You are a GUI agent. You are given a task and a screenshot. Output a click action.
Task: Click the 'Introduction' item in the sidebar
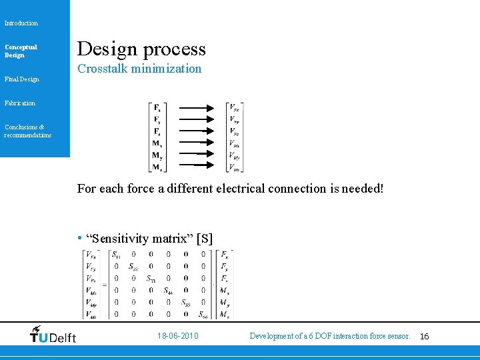pyautogui.click(x=21, y=23)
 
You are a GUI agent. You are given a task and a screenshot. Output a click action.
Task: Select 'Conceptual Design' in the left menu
pyautogui.click(x=21, y=51)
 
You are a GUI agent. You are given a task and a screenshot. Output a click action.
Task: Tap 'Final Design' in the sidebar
pyautogui.click(x=22, y=79)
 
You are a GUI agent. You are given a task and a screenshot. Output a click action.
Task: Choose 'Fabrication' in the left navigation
pyautogui.click(x=20, y=103)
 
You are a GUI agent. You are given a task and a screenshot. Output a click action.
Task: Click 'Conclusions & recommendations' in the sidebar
pyautogui.click(x=27, y=131)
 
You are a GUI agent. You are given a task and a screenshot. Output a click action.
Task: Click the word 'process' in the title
pyautogui.click(x=173, y=49)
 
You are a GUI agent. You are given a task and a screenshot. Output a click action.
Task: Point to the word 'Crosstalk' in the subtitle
pyautogui.click(x=102, y=69)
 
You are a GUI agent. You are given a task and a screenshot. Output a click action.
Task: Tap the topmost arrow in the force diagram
pyautogui.click(x=196, y=107)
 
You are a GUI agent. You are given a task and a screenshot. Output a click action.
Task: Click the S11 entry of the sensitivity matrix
pyautogui.click(x=116, y=255)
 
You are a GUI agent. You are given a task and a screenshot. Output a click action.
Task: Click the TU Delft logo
pyautogui.click(x=53, y=335)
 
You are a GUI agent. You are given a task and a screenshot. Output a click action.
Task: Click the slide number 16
pyautogui.click(x=425, y=337)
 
